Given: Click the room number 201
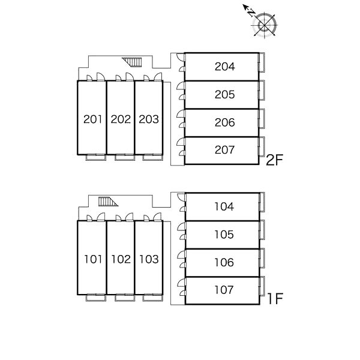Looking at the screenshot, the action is pos(92,119).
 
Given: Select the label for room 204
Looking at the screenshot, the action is pos(225,67).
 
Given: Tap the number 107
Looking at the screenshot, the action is pos(224,290).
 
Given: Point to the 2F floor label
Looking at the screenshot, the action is pos(274,160).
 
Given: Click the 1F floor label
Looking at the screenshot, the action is pos(275,298).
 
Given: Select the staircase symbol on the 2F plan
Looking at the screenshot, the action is pos(133,62).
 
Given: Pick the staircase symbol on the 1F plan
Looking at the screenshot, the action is pos(108,202).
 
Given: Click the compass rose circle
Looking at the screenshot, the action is pos(265,25).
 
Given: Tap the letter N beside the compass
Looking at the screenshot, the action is pos(251,13).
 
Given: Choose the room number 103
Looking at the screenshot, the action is pos(149,259).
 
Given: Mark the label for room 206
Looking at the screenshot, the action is pos(225,122).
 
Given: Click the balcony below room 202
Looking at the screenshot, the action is pos(125,157).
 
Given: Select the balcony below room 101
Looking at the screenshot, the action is pos(96,298).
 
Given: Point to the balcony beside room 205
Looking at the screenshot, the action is pos(262,90).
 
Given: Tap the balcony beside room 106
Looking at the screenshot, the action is pos(262,258).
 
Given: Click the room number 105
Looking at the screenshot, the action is pos(224,235).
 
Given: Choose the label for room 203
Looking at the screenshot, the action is pos(149,119).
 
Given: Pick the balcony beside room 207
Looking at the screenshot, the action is pos(262,146).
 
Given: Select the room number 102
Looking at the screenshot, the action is pos(121,259).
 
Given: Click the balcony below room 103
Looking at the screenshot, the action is pos(152,298).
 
